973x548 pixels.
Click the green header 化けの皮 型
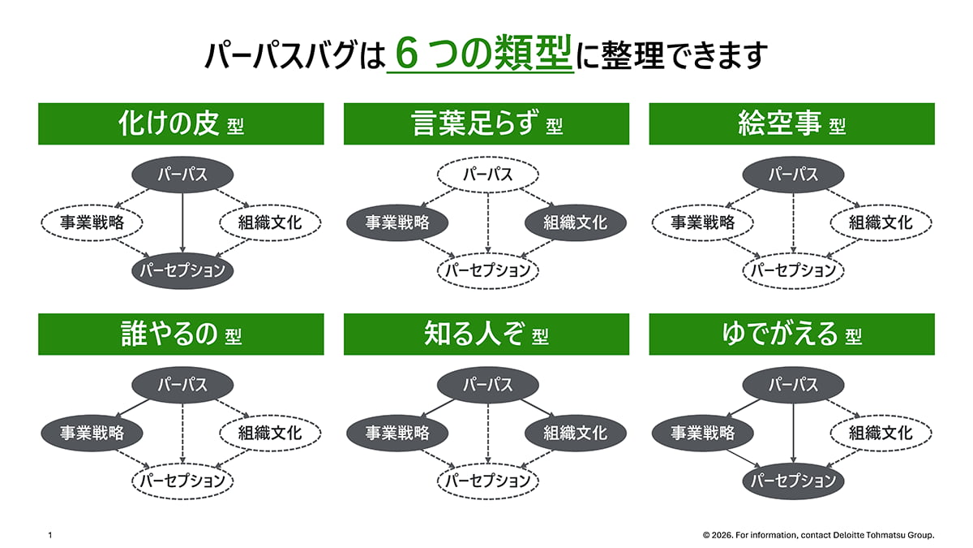coord(181,124)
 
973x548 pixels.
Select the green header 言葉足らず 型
coord(486,124)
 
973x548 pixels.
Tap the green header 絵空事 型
coord(791,124)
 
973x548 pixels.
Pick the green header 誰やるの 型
coord(181,334)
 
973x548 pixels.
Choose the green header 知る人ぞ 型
coord(486,334)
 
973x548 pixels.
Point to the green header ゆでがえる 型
coord(791,334)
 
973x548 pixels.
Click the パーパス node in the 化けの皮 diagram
coord(182,174)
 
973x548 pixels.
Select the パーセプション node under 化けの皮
coord(182,270)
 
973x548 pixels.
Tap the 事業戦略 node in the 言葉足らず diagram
coord(397,222)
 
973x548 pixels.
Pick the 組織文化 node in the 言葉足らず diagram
coord(575,222)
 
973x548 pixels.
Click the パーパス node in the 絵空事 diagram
coord(793,174)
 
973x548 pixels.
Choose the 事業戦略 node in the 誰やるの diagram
coord(92,433)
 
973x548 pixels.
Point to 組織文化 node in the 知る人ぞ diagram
coord(575,433)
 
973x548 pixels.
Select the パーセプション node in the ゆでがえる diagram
coord(793,481)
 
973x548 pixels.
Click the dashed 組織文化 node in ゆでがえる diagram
coord(881,433)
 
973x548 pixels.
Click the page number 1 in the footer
coord(50,535)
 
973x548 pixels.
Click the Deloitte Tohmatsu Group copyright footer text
coord(819,535)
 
